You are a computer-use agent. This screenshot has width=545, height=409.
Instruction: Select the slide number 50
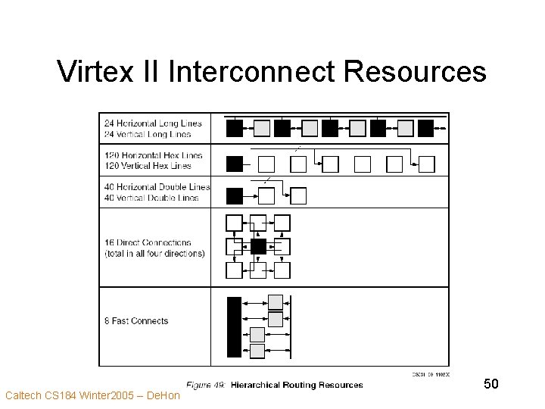pyautogui.click(x=490, y=385)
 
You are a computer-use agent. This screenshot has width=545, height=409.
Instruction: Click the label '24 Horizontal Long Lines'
pyautogui.click(x=154, y=123)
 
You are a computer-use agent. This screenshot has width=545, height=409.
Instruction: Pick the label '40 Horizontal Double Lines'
pyautogui.click(x=157, y=186)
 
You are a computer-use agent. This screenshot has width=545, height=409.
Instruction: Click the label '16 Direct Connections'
pyautogui.click(x=148, y=242)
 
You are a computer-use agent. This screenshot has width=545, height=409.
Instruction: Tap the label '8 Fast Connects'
pyautogui.click(x=136, y=320)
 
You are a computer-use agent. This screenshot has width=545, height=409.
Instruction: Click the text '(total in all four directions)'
pyautogui.click(x=154, y=254)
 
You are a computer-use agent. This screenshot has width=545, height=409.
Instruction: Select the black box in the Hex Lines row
pyautogui.click(x=235, y=163)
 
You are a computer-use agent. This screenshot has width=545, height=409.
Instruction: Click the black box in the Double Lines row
pyautogui.click(x=235, y=196)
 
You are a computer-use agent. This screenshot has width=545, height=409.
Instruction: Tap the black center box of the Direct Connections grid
pyautogui.click(x=258, y=246)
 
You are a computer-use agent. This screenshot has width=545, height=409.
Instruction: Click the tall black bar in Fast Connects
pyautogui.click(x=234, y=326)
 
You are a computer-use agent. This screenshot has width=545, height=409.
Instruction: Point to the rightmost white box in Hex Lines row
pyautogui.click(x=427, y=164)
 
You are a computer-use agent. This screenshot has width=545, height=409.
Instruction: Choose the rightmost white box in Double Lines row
pyautogui.click(x=298, y=196)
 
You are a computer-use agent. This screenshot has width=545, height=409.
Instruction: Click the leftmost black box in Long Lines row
pyautogui.click(x=235, y=128)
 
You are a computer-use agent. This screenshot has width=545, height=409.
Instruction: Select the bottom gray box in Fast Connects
pyautogui.click(x=257, y=351)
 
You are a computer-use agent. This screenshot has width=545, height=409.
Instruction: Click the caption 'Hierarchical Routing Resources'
pyautogui.click(x=297, y=386)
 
